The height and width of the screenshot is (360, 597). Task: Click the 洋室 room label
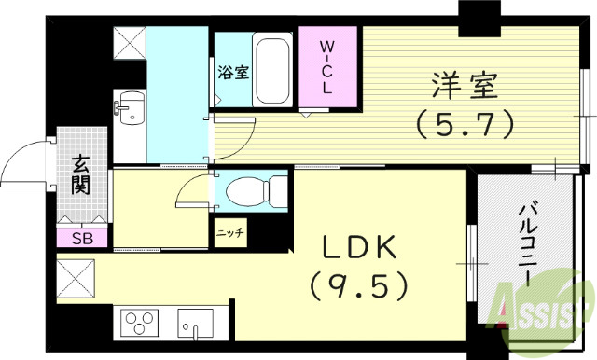click(x=464, y=87)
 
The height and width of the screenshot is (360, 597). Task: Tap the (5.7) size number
click(x=464, y=124)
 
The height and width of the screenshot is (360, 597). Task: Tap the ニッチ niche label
click(x=229, y=233)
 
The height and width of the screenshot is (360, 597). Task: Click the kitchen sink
click(x=201, y=327)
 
